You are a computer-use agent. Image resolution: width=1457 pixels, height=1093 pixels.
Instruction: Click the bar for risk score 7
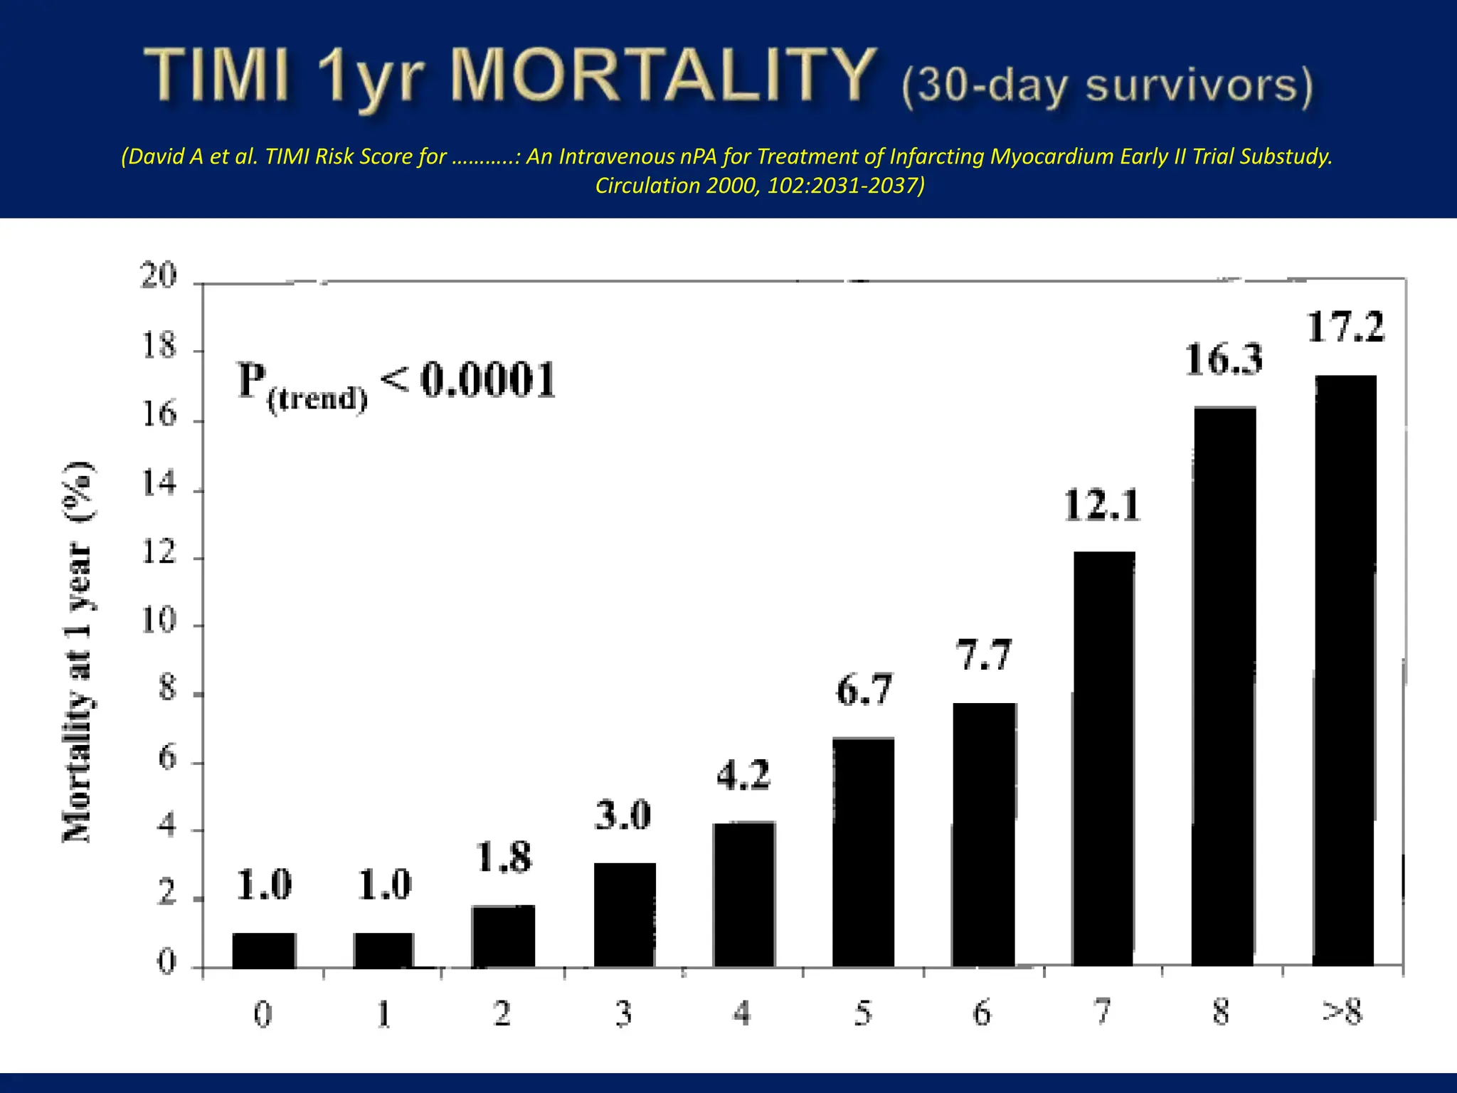[x=1103, y=759]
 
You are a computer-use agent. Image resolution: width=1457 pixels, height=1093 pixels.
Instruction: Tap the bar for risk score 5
[x=863, y=852]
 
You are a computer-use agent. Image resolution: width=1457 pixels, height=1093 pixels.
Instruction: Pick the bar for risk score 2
[x=503, y=936]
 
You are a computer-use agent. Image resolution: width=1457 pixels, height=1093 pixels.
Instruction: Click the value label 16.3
[x=1224, y=359]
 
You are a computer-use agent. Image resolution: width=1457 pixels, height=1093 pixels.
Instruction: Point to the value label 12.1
[x=1102, y=506]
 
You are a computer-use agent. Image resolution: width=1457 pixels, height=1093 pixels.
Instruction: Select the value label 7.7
[x=983, y=655]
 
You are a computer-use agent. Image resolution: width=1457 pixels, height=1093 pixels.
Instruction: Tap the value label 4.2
[x=743, y=775]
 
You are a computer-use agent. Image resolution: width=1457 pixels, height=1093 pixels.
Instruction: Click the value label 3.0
[x=623, y=815]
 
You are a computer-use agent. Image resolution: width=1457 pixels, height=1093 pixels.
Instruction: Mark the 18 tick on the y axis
[x=159, y=347]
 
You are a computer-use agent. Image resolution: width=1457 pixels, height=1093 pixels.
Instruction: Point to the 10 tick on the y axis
[x=159, y=621]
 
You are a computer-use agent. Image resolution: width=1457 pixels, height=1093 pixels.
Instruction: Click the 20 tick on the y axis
[x=159, y=275]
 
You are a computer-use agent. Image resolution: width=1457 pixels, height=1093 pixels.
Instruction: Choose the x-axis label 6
[x=982, y=1013]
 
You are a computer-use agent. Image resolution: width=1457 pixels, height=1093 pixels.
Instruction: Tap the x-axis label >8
[x=1342, y=1012]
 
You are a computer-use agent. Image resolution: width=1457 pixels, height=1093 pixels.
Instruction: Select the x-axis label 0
[x=263, y=1013]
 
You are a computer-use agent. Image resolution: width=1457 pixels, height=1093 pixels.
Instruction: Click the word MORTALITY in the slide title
[x=663, y=75]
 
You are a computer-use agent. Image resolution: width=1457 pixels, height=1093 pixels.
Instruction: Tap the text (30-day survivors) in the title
[x=1107, y=86]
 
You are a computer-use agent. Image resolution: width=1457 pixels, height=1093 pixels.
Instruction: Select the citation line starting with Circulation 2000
[x=760, y=186]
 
